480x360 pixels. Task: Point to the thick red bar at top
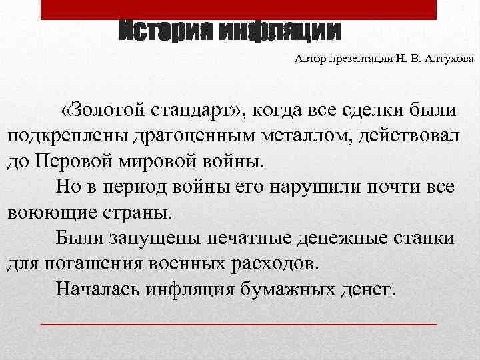239,9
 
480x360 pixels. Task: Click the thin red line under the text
239,323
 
